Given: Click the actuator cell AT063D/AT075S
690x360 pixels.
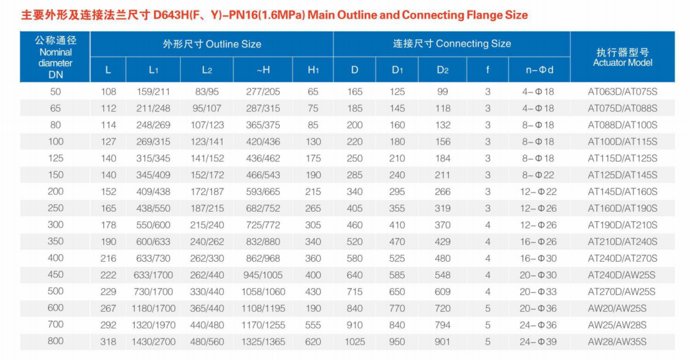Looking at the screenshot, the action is [622, 92].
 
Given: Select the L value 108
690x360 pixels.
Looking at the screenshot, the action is [108, 92].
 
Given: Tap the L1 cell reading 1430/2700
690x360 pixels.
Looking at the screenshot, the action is [153, 341].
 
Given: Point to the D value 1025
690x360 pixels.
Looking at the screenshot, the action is [355, 341].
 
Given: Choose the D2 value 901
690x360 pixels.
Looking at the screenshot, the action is [442, 341].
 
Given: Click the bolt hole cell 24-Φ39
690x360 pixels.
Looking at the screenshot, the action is [537, 341].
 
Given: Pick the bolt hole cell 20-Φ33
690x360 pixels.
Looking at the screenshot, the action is [537, 291].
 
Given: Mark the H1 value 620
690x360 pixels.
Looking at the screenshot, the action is [313, 341].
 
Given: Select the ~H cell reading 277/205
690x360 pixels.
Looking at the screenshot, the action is [263, 92].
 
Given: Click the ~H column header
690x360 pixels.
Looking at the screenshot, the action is [263, 69].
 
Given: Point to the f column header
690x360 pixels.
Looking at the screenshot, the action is [487, 69].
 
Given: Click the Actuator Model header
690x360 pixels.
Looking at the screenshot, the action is [622, 57].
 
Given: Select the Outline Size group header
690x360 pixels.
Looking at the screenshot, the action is [212, 44].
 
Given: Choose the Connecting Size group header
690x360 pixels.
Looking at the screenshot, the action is [451, 44].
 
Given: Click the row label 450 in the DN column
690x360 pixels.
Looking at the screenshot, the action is [56, 275].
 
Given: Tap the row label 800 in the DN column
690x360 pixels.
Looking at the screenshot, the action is [56, 341].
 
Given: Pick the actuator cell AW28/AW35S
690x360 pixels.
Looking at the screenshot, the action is [617, 341].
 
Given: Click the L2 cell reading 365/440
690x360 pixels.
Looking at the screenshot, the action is [206, 308].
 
